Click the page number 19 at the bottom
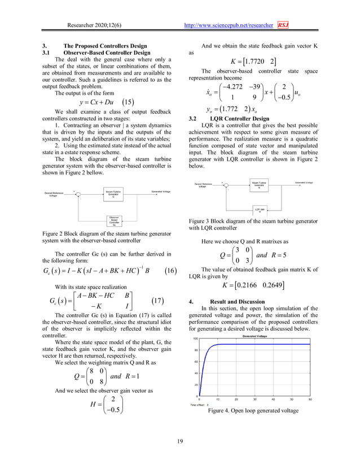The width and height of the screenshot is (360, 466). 180,441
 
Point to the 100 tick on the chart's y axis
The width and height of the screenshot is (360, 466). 195,339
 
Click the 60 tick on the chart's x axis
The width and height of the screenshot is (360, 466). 310,399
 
